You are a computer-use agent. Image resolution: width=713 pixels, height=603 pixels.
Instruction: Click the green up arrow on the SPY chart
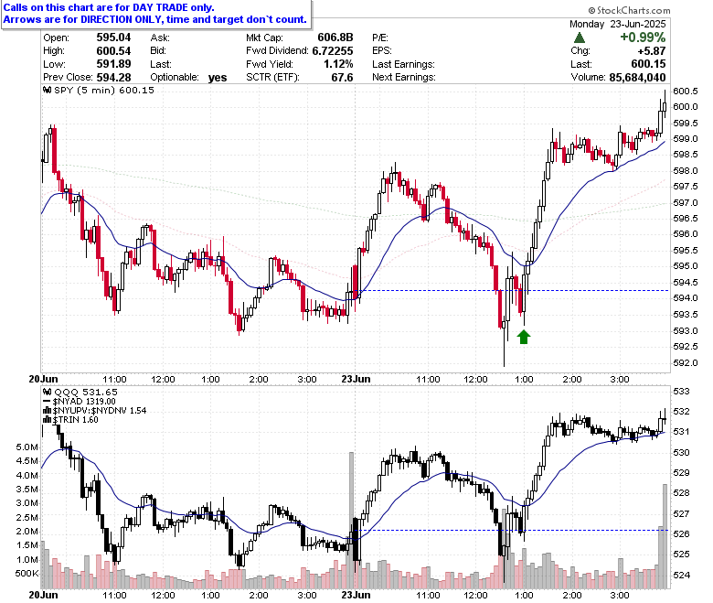click(x=524, y=338)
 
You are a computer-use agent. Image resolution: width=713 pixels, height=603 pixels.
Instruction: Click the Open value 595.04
click(x=113, y=38)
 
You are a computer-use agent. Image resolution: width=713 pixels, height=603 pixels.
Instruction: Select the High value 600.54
click(x=113, y=50)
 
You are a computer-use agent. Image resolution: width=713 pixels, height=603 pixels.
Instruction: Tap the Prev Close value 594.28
click(x=113, y=77)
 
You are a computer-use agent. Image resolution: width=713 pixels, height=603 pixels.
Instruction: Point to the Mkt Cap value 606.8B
click(x=335, y=38)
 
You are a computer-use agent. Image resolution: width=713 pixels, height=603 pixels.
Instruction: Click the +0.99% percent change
click(x=643, y=38)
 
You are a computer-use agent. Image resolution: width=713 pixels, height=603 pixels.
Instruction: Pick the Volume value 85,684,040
click(x=637, y=78)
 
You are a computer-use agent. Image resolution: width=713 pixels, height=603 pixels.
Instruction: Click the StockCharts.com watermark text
click(x=629, y=10)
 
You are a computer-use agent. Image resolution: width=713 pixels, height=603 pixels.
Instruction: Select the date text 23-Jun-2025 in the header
click(x=637, y=24)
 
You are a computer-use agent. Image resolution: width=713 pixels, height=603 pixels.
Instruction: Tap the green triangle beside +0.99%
click(x=580, y=38)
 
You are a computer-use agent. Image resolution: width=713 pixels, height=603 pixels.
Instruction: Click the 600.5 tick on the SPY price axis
click(x=686, y=91)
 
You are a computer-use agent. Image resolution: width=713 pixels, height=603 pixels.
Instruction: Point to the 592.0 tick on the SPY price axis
click(x=686, y=362)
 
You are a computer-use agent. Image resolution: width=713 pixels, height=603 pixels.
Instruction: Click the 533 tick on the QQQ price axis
click(x=682, y=391)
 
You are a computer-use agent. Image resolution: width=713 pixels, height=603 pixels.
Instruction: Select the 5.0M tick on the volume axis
click(x=27, y=447)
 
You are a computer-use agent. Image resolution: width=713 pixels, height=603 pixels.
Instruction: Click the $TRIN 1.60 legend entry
click(x=70, y=420)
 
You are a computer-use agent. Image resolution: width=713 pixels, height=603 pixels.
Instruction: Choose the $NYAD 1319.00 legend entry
click(x=80, y=402)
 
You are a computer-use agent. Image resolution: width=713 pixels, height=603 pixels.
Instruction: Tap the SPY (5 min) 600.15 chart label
click(x=99, y=90)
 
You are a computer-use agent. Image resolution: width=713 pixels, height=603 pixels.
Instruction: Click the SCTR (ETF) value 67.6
click(x=342, y=78)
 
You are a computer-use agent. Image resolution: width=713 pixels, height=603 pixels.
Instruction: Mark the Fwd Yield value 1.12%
click(x=338, y=64)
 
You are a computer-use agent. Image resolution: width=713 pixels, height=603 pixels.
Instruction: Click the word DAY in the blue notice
click(x=143, y=7)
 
